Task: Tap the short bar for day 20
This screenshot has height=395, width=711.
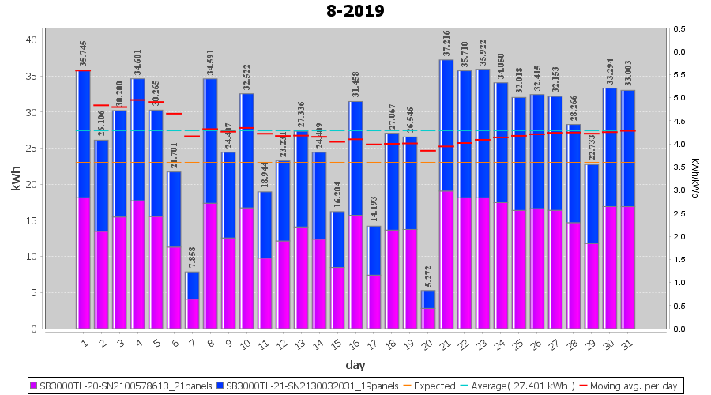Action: [x=429, y=309]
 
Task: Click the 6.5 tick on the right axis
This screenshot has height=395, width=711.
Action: [x=679, y=29]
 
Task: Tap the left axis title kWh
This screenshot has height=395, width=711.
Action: [x=15, y=184]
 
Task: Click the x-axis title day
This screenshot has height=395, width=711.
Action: [x=355, y=365]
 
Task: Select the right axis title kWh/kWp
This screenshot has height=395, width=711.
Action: [x=695, y=178]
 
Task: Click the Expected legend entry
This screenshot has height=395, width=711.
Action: [x=430, y=386]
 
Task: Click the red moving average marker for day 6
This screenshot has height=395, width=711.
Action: [x=174, y=114]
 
